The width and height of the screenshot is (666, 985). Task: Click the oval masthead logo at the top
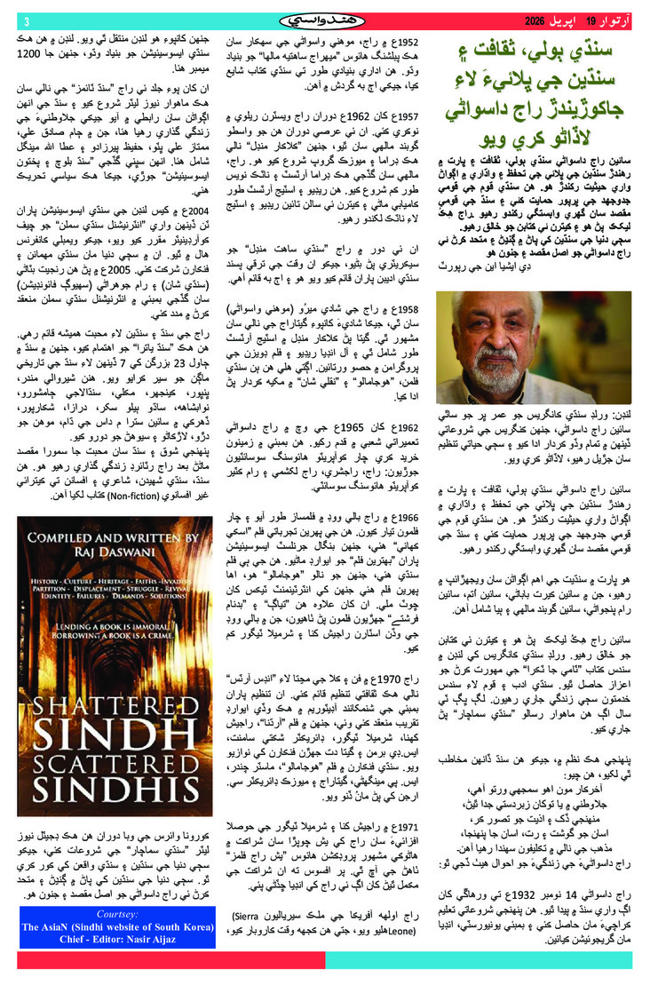(x=332, y=20)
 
